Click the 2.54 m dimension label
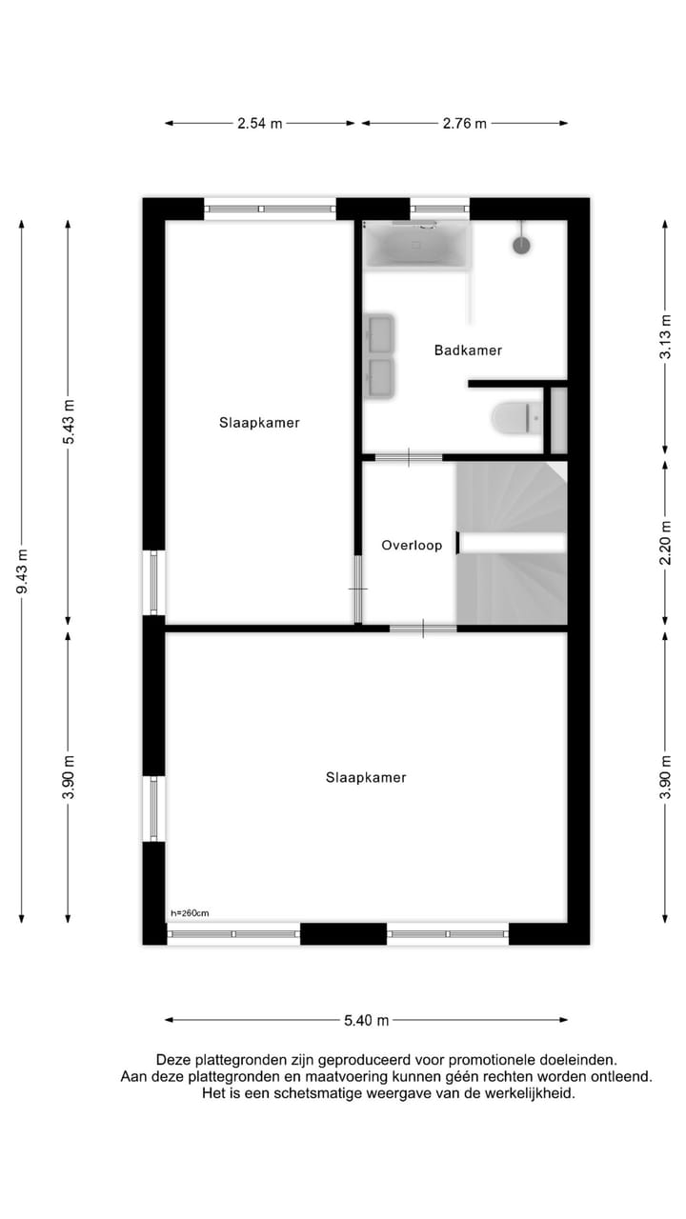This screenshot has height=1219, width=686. [x=259, y=123]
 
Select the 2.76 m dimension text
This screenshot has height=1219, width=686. [x=464, y=123]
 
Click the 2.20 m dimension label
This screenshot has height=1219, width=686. [x=665, y=544]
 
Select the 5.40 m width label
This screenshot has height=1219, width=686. [x=366, y=1020]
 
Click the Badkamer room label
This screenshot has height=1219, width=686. [x=468, y=350]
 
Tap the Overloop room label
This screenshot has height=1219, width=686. [x=412, y=546]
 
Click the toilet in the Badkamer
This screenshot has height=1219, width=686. [x=514, y=417]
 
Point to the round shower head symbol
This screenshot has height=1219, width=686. [x=521, y=245]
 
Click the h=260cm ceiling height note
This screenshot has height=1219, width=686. [x=190, y=913]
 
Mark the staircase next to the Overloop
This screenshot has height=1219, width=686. [x=512, y=543]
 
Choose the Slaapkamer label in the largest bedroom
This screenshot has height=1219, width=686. [x=366, y=778]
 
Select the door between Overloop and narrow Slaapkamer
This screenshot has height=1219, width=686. [x=358, y=589]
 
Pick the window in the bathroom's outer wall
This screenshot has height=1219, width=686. [x=439, y=208]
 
